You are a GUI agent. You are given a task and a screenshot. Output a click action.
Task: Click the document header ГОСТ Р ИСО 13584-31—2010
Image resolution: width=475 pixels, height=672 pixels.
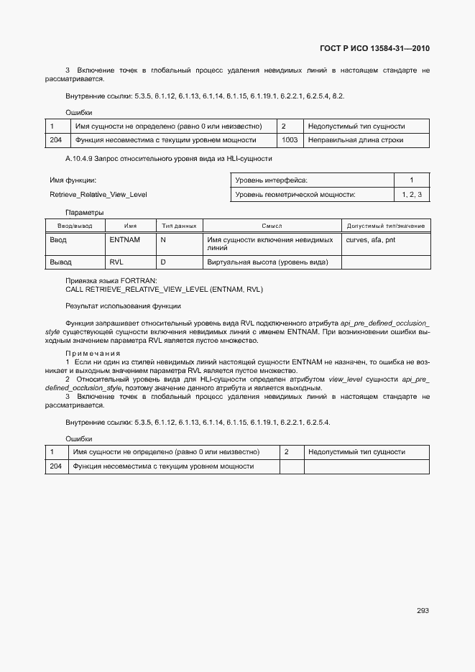(x=374, y=49)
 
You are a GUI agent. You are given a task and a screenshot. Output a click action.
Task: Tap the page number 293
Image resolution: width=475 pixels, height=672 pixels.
(x=423, y=611)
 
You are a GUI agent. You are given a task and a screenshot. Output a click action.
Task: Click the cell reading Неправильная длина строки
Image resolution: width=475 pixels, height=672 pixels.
(x=355, y=140)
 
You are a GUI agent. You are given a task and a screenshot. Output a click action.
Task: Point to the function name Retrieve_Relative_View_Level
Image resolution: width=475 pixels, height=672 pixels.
(x=98, y=195)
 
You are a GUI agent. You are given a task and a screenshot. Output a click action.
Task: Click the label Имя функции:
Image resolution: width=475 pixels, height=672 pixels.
(x=73, y=180)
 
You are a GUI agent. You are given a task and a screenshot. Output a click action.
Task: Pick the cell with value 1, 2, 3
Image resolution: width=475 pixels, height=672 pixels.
(x=412, y=195)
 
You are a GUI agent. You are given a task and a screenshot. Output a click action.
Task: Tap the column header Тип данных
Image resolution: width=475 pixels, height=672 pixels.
(x=179, y=226)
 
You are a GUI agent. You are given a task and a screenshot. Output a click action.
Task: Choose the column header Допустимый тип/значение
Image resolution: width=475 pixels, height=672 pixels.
(x=385, y=226)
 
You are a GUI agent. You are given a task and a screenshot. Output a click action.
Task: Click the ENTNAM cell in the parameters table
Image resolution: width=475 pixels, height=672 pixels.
(x=125, y=239)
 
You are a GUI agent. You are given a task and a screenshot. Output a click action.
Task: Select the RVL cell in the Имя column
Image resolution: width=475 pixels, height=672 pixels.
(x=116, y=262)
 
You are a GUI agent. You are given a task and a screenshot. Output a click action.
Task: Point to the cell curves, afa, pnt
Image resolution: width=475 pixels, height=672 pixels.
(x=370, y=239)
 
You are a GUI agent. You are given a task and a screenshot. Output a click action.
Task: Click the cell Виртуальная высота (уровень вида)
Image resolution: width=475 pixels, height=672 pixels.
(x=267, y=262)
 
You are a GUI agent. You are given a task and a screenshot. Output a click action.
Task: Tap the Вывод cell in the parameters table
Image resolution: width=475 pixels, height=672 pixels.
(x=60, y=262)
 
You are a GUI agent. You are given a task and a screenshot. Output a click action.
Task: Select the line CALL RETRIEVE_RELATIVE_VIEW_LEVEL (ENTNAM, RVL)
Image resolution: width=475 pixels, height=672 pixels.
(x=164, y=290)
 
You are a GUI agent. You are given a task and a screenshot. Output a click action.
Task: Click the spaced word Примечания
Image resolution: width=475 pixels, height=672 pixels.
(x=92, y=353)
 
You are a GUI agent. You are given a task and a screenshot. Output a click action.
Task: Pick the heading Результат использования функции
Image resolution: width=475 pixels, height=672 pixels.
(x=123, y=306)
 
